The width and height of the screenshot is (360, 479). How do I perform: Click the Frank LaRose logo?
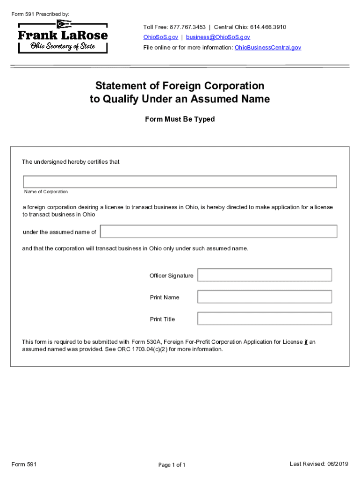click(63, 36)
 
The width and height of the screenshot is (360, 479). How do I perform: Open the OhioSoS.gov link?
click(160, 37)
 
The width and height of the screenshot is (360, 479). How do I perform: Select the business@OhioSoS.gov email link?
click(218, 37)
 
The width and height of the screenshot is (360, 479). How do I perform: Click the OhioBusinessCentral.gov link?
click(268, 48)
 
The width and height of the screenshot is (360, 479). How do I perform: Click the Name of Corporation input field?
click(180, 181)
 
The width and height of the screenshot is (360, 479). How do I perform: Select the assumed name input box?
click(218, 232)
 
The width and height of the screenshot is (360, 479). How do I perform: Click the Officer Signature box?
click(265, 275)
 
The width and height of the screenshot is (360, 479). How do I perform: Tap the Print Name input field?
click(265, 297)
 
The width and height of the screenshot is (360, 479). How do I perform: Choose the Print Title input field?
click(265, 319)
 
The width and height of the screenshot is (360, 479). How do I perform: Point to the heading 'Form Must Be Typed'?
click(180, 119)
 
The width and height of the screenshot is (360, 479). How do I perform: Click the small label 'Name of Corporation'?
click(46, 192)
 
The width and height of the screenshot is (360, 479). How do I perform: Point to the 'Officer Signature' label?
click(171, 276)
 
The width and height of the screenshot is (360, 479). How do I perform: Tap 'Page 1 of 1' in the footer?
click(172, 465)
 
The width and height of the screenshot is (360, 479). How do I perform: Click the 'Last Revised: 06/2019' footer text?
click(319, 464)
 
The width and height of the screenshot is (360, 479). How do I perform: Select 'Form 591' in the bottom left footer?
click(24, 464)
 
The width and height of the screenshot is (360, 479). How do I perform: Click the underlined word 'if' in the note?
click(306, 342)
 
